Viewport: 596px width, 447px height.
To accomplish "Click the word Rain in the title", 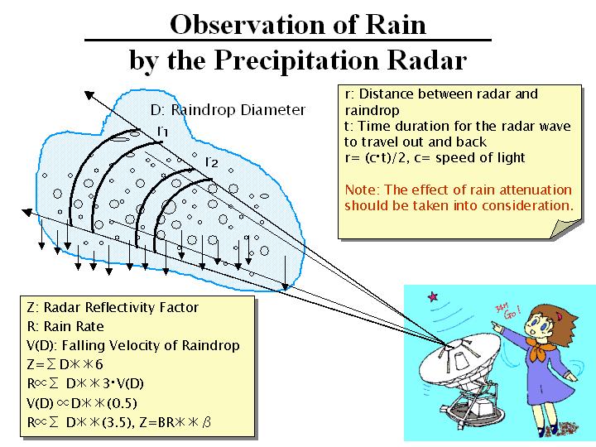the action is click(396, 25).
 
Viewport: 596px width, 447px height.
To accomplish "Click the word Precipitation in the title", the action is click(296, 60).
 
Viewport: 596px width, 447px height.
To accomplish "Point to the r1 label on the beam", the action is click(162, 132).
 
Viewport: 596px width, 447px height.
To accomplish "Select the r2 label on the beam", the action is click(212, 162).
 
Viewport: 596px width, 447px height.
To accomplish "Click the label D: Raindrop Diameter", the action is click(228, 110).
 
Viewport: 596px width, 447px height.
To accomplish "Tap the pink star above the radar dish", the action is click(433, 296).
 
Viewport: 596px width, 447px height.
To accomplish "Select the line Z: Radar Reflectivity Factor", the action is click(113, 307).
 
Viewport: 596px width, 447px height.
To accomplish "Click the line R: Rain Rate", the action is click(65, 326).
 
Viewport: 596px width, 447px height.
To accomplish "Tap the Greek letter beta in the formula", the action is click(206, 422).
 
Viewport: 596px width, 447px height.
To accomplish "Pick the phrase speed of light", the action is click(480, 158).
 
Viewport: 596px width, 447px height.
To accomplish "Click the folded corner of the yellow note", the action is click(565, 229).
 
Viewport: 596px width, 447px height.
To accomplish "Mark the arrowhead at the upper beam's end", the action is click(89, 94).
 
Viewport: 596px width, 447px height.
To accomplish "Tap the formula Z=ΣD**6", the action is click(65, 365).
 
